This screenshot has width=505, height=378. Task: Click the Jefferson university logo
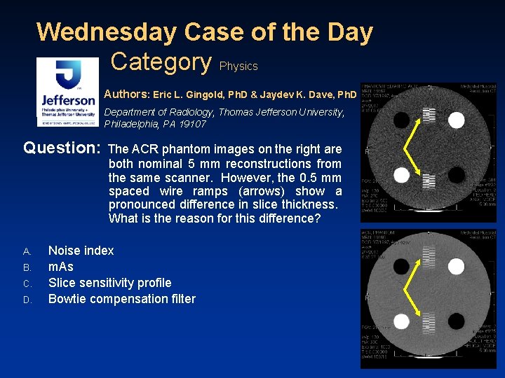point(67,92)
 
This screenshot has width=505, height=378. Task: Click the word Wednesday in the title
point(106,32)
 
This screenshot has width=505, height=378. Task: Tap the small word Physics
point(238,66)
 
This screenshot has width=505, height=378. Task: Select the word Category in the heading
point(161,62)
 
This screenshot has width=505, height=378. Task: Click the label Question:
point(62,148)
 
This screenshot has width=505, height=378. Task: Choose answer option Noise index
point(81,251)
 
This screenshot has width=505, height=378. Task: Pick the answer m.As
point(60,267)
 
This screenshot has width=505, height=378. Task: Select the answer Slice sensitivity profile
point(109,283)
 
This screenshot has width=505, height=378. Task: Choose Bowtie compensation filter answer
point(121,299)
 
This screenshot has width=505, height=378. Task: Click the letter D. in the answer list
point(27,300)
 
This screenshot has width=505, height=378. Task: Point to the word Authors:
point(126,94)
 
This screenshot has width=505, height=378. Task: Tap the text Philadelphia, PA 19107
point(155,124)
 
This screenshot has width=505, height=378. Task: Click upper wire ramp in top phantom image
point(429,115)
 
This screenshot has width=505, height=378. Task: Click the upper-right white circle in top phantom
point(456,120)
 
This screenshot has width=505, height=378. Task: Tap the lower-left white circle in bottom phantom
point(402,321)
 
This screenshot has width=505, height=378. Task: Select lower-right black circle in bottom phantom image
point(456,321)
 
